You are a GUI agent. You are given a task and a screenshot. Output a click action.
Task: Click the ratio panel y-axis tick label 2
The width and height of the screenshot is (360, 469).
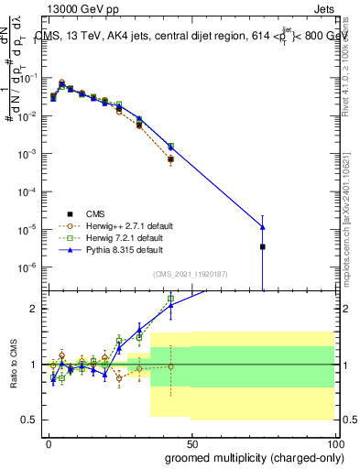click(34, 309)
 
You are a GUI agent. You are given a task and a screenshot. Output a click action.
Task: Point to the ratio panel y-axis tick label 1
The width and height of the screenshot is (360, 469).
click(34, 365)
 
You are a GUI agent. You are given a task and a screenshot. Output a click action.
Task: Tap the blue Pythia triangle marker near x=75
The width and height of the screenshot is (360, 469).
click(263, 226)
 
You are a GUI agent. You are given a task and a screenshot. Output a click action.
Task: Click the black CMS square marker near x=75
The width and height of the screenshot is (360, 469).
click(263, 246)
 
